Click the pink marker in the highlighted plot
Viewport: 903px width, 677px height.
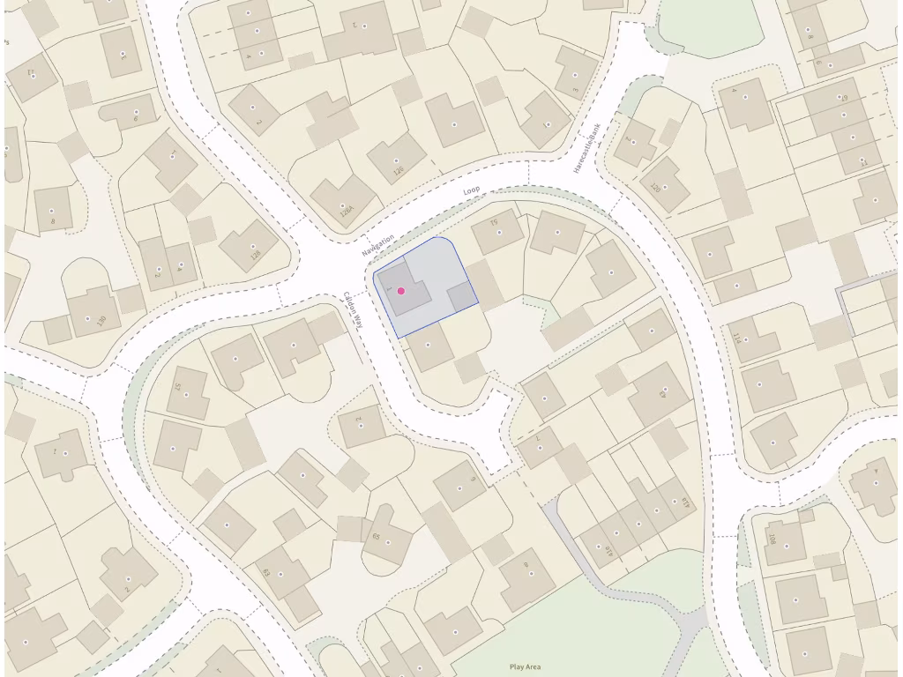pyautogui.click(x=401, y=291)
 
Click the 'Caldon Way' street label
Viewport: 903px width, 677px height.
pyautogui.click(x=354, y=309)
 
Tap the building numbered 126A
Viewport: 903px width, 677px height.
pyautogui.click(x=343, y=201)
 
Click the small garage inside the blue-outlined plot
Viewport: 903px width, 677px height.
pyautogui.click(x=461, y=297)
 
